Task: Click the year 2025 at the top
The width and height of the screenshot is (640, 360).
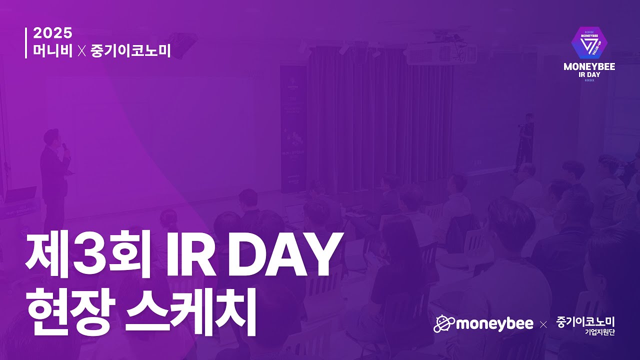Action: point(52,33)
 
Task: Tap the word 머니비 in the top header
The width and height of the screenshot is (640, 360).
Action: point(53,51)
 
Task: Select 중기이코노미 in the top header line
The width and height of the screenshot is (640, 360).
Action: point(130,51)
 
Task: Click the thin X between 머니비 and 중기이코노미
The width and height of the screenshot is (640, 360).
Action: point(82,51)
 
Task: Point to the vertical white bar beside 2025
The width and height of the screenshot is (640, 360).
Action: point(26,43)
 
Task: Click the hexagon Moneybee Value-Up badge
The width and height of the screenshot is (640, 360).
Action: point(589,43)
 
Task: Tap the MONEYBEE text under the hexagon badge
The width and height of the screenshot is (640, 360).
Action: point(589,67)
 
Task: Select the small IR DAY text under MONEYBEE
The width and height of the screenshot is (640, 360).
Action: point(589,75)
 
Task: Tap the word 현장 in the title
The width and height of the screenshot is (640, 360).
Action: point(70,313)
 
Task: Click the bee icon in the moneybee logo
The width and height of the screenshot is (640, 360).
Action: point(444,324)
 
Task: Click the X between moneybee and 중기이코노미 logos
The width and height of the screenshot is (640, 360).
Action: point(543,325)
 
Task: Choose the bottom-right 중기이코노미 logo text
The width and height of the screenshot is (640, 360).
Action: point(585,322)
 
